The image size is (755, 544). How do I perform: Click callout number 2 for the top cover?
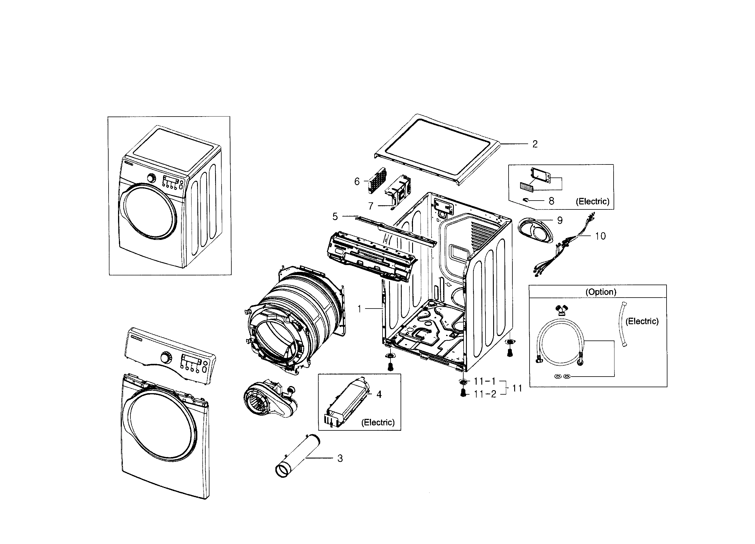coord(535,144)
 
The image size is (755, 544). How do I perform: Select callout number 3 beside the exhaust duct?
coord(340,459)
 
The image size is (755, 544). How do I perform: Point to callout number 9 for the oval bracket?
coord(560,220)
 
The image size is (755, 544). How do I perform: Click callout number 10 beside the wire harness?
coord(600,236)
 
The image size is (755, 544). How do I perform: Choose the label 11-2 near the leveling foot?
coord(485,394)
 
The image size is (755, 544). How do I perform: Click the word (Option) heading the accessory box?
coord(601,292)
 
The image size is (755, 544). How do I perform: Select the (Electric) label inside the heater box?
coord(378,422)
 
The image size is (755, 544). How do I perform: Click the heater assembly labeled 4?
coord(348,403)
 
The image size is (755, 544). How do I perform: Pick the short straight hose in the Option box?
coord(622,325)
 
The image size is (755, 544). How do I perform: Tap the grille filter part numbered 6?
coord(377,180)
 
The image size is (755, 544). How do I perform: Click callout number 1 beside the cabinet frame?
coord(359,309)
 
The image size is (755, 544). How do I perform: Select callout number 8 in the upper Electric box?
coord(551,201)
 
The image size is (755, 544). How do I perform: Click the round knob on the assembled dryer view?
coord(151,178)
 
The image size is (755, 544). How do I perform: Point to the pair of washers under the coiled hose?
coord(562,376)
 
